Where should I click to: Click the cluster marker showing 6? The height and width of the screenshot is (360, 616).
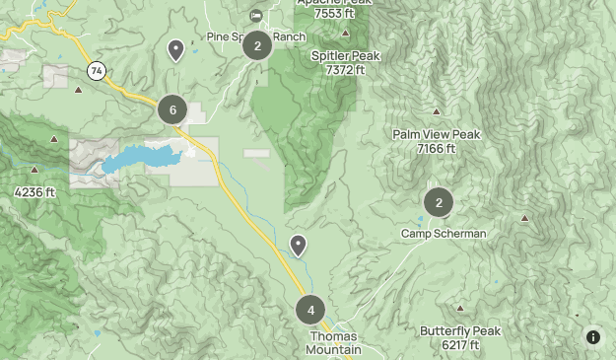172,109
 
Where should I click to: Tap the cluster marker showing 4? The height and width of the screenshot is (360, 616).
310,310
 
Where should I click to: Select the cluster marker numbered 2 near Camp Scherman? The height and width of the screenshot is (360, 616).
439,203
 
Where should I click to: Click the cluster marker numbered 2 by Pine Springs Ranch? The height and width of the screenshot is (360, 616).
257,45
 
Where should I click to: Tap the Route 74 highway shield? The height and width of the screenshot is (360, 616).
96,71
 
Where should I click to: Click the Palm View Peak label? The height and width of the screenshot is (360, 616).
436,135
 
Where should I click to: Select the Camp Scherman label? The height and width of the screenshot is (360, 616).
443,234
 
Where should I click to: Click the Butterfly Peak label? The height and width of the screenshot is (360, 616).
460,331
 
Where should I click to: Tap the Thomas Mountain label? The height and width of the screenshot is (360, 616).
332,343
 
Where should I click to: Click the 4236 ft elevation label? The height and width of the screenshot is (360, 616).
35,192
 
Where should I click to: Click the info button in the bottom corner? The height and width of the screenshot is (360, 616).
593,337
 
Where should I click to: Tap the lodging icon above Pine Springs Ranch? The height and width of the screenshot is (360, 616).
256,15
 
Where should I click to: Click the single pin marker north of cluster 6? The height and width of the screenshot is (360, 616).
175,49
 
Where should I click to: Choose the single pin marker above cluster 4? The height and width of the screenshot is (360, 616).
298,245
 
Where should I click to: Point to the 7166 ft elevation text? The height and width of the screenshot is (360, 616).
436,149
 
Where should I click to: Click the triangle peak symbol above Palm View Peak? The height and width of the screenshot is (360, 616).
437,112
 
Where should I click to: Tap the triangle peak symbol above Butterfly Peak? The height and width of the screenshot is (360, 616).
460,309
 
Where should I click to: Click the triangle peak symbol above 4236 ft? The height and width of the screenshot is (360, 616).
35,170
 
